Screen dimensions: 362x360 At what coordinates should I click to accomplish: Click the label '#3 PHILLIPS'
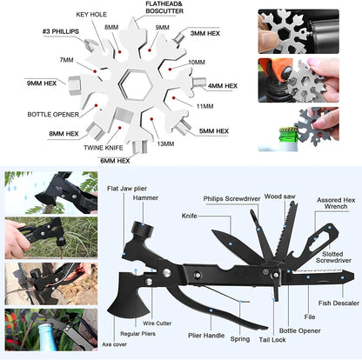click(x=61, y=31)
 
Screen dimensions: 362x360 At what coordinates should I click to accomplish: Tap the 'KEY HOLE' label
click(x=91, y=15)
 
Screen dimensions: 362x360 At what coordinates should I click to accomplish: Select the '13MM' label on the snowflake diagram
click(x=165, y=143)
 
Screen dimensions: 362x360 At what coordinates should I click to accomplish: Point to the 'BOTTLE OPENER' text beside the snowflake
click(x=53, y=115)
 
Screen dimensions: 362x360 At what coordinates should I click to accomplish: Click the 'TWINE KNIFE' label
click(x=104, y=148)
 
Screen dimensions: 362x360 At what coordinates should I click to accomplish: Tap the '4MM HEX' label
click(x=223, y=86)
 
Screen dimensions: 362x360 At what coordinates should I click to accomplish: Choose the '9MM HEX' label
click(x=42, y=83)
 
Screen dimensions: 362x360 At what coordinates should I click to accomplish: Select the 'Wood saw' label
click(x=279, y=197)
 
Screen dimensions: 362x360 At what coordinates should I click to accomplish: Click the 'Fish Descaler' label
click(x=339, y=303)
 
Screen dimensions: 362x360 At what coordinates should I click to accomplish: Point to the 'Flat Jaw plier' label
click(x=127, y=189)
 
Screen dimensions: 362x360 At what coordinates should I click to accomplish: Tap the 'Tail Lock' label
click(x=272, y=340)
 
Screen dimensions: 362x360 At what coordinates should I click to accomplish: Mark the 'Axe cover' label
click(x=114, y=344)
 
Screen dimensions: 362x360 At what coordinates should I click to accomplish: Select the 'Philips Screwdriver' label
click(x=231, y=199)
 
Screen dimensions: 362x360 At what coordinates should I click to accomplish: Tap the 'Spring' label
click(x=240, y=339)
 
